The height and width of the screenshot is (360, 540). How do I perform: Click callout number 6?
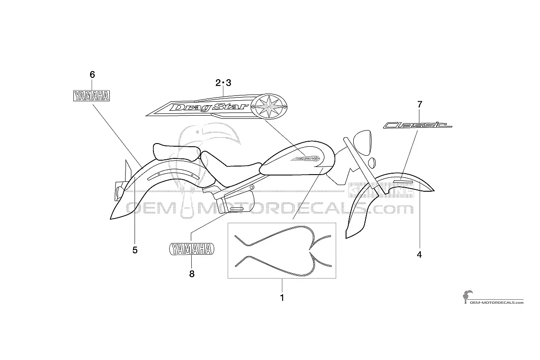point(92,75)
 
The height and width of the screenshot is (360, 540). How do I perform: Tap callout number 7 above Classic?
point(420,104)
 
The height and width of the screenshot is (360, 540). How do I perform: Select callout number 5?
point(135,250)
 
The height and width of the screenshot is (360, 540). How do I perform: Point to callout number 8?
point(192,274)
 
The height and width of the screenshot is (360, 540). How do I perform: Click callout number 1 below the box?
point(282,298)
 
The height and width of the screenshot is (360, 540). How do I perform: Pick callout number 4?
point(419,255)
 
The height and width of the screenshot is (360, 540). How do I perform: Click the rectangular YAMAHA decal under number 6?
point(92,96)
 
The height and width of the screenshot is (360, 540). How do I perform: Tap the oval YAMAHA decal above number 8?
point(192,249)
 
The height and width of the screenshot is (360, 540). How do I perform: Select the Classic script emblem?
point(417,125)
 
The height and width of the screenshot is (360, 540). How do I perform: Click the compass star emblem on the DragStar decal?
point(269,106)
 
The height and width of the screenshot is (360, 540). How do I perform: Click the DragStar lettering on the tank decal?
point(209,108)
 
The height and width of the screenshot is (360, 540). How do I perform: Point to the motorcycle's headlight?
point(362,143)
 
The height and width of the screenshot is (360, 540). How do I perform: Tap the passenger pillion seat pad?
point(176,153)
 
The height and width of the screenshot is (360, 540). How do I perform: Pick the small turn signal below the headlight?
point(372,163)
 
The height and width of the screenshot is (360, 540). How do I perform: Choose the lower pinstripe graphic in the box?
point(283,265)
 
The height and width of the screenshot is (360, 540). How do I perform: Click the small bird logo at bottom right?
point(468,297)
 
